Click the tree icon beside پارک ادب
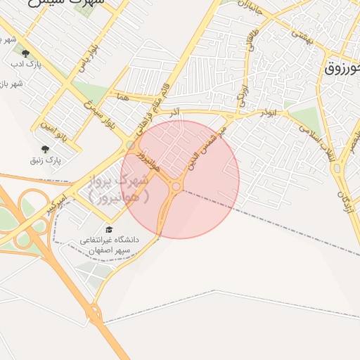[x=26, y=53]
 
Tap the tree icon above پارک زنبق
[x=46, y=149]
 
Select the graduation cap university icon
[x=108, y=229]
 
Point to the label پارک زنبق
[x=46, y=160]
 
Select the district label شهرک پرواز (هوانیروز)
[x=120, y=189]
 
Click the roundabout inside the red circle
[x=175, y=186]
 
